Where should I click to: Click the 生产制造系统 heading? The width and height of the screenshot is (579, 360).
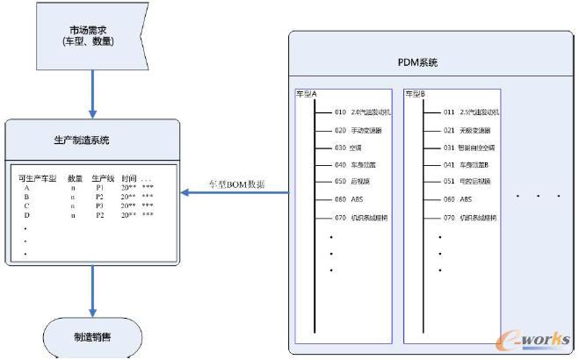(91, 140)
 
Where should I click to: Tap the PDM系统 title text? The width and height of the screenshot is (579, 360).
(417, 63)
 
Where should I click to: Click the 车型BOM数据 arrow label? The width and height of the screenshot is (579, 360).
(236, 184)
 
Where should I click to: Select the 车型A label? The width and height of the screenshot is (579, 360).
(307, 92)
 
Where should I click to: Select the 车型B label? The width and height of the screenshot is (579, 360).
(415, 92)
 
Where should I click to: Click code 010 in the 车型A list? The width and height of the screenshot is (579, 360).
(340, 112)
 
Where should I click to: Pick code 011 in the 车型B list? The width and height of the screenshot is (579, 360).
(449, 112)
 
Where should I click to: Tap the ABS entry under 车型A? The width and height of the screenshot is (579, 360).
(358, 198)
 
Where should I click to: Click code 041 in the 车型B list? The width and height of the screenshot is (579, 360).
(449, 163)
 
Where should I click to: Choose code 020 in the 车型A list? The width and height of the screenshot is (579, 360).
(340, 129)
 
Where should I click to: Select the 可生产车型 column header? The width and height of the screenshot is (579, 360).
(37, 178)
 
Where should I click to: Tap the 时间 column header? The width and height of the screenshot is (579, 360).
(129, 178)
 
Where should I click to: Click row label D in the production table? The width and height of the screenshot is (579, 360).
(27, 214)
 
